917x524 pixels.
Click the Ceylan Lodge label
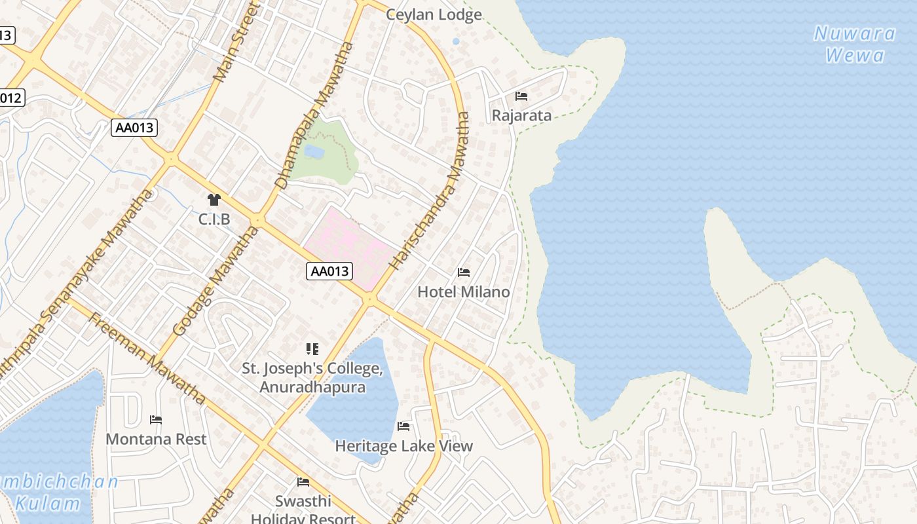pos(434,14)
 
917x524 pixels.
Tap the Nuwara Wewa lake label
pos(855,44)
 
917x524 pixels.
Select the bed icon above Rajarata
pos(521,96)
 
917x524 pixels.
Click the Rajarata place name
pos(521,116)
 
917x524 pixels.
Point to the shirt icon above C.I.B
pos(214,199)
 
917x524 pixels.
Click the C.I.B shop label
pos(214,219)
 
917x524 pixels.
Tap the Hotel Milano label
pos(464,291)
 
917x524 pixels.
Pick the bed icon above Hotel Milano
pos(464,272)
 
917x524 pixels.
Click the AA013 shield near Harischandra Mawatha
pos(329,271)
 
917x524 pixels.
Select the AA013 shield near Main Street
pos(134,127)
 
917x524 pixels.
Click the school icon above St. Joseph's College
pos(312,349)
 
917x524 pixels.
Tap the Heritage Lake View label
pos(403,446)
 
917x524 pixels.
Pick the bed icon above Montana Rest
pos(156,419)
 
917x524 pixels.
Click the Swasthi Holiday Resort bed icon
pos(303,482)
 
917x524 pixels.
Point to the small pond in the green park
pos(314,151)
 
